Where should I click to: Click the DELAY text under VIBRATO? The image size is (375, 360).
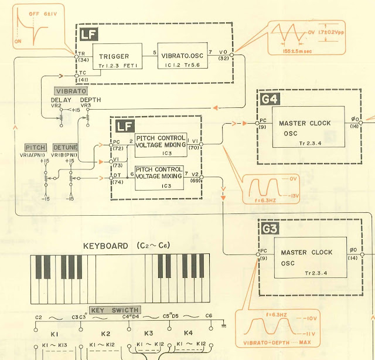pyautogui.click(x=60, y=100)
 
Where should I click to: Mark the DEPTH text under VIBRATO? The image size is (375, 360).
pyautogui.click(x=90, y=100)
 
